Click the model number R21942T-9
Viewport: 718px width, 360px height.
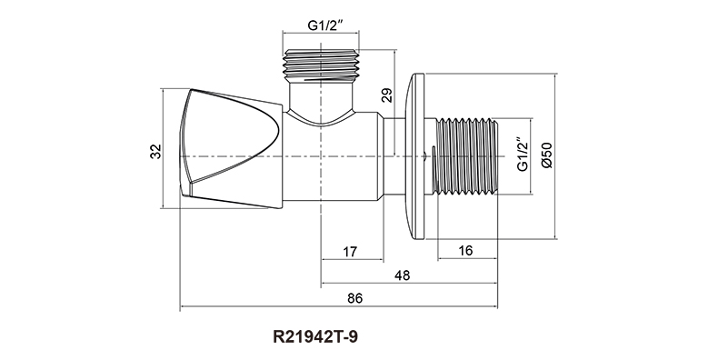click(315, 337)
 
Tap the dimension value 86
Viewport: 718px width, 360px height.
click(354, 298)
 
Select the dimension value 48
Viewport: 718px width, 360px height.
click(402, 275)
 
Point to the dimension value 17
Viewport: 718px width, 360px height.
click(349, 252)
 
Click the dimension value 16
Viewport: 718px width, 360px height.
click(465, 251)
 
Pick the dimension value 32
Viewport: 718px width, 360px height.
click(156, 151)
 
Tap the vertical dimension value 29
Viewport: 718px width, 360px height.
click(387, 95)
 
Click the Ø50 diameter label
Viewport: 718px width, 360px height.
click(547, 155)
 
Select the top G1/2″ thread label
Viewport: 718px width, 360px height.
click(325, 25)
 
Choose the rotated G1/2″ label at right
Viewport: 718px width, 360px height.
click(523, 154)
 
